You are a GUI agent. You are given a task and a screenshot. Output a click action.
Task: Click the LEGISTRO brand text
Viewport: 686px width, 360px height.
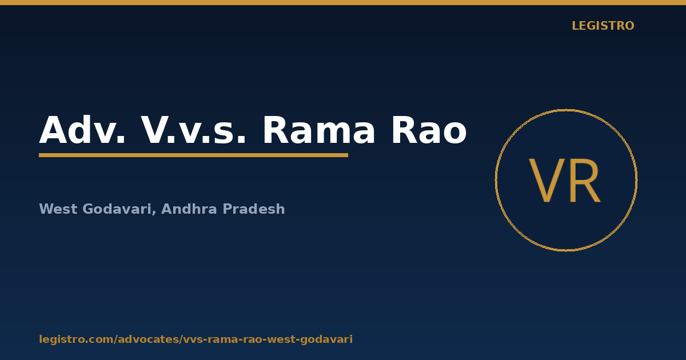pos(603,26)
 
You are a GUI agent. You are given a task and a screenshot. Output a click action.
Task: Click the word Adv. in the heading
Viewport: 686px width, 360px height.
pos(82,130)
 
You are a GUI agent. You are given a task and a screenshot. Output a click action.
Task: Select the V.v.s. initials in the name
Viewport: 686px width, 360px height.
pos(193,130)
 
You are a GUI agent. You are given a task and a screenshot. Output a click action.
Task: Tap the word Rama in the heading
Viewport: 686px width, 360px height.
pos(318,130)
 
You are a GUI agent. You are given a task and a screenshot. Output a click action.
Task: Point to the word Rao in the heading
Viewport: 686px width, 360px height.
pos(429,130)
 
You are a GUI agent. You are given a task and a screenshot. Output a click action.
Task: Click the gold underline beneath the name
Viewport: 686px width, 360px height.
pos(194,155)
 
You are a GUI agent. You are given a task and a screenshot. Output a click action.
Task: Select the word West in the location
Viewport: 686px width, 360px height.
pos(58,209)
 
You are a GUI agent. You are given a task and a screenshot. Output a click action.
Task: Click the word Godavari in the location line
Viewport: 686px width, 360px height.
pos(117,209)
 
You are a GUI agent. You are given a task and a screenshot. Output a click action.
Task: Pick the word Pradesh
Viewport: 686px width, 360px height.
pos(254,209)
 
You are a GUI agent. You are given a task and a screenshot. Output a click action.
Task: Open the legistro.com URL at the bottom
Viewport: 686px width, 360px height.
pos(196,339)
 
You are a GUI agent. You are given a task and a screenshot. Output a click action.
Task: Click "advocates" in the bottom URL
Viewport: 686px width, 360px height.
pos(149,339)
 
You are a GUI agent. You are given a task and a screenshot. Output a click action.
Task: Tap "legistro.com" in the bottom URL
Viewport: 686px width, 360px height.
pos(77,339)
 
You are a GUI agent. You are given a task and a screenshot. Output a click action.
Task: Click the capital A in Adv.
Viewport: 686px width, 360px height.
pos(54,130)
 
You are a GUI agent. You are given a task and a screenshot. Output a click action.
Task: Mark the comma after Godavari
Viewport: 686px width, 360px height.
pos(154,213)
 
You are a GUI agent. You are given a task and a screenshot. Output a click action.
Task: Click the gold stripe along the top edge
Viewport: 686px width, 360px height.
pos(343,2)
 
